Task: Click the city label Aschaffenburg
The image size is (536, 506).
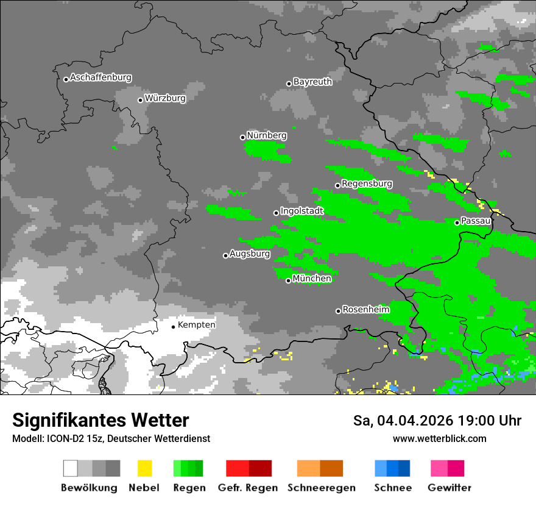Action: pos(100,77)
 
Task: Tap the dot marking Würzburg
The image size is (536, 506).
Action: pos(140,100)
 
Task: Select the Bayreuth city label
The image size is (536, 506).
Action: pos(312,82)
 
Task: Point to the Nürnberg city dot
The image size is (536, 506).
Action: pos(242,137)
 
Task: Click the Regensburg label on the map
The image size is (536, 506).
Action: pos(367,184)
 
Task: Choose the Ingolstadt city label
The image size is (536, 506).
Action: pos(301,211)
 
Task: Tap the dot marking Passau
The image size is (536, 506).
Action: pos(457,223)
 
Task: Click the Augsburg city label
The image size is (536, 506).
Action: pos(250,254)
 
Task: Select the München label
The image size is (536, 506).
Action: pos(312,279)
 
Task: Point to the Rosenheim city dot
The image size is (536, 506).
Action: pos(338,311)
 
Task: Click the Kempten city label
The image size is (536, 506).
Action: pos(196,325)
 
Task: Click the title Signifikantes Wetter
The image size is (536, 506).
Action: pos(100,421)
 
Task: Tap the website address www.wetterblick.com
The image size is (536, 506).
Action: pos(439,439)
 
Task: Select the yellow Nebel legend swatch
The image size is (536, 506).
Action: pos(144,468)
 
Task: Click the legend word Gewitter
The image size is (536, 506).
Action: pos(449,488)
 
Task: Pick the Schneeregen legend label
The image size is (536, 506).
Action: pos(321,488)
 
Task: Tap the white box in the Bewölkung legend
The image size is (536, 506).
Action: pos(70,468)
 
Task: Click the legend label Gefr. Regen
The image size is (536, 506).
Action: pos(247,488)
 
